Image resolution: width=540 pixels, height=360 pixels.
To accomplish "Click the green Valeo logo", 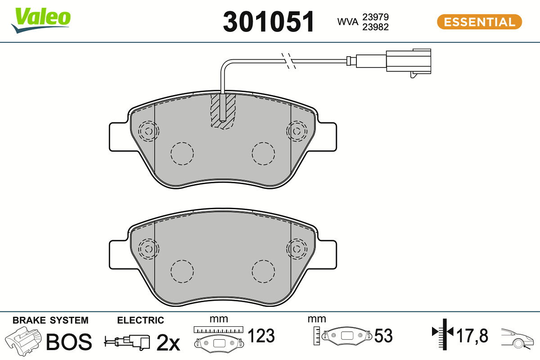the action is pos(41,20).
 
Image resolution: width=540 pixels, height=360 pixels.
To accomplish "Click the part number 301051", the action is pos(269,22).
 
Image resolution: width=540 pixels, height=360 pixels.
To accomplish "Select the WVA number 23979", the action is pos(375,17).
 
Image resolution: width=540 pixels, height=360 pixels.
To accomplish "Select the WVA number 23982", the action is pos(375,27).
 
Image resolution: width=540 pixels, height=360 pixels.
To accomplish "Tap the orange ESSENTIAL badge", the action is pos(479,22).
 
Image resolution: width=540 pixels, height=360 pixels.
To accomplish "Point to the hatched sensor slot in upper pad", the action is pos(223,111).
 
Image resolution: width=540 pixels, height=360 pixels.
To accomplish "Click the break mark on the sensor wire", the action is pos(288,61).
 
